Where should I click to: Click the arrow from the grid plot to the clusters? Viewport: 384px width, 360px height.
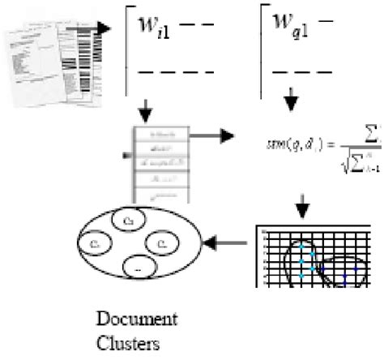pyautogui.click(x=228, y=242)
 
